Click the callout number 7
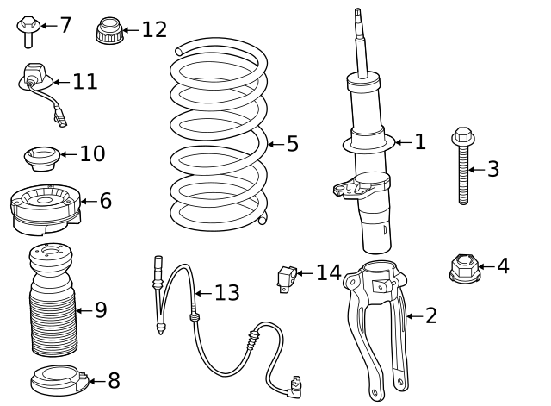(x=65, y=25)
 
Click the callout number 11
(x=84, y=82)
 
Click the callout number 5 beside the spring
(x=293, y=144)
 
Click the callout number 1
(x=419, y=142)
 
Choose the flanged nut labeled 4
(x=463, y=268)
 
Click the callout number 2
(x=431, y=316)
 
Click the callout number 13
(x=226, y=293)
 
